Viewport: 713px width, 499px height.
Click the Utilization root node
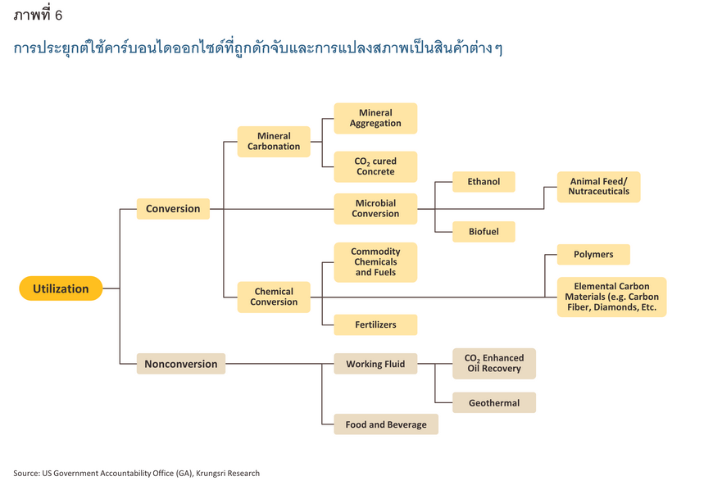[x=61, y=288]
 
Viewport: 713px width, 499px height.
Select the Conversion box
[x=173, y=209]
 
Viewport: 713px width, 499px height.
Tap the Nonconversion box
[x=181, y=364]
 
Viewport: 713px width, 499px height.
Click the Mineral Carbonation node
[x=274, y=141]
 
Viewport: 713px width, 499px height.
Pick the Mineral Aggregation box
[x=375, y=118]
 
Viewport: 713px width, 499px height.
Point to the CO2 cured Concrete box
[x=375, y=167]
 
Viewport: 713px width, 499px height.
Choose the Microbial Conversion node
[x=375, y=209]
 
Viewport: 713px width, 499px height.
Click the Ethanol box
[x=484, y=182]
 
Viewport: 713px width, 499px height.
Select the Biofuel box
[x=484, y=232]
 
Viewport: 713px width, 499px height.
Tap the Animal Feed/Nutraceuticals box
[x=599, y=187]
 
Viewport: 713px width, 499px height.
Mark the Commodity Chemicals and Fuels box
[x=375, y=262]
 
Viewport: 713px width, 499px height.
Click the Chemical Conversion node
[x=274, y=297]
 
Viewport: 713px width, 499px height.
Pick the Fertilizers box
[x=375, y=324]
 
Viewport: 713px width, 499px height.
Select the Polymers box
[x=593, y=255]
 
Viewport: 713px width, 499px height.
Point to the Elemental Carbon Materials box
[x=611, y=297]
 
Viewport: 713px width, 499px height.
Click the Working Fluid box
[x=375, y=364]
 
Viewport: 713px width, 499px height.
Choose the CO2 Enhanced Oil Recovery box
[x=494, y=364]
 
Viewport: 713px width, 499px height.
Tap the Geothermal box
[x=494, y=402]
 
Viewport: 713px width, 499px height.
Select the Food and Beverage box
[x=386, y=424]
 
